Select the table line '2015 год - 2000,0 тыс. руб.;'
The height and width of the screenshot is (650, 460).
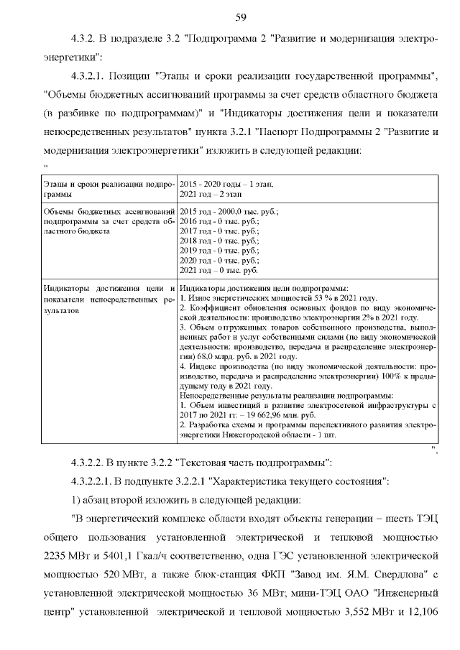pos(229,212)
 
